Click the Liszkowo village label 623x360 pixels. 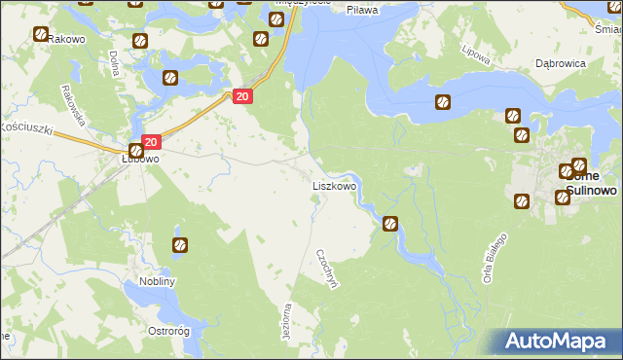[334, 185]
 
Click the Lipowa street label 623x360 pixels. [476, 50]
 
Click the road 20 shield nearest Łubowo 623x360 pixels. [149, 142]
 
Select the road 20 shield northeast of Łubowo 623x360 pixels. [243, 95]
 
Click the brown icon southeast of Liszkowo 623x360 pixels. [390, 224]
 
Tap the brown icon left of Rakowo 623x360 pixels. [40, 34]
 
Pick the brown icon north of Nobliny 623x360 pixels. [179, 245]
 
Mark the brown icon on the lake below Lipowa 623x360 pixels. [443, 101]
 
